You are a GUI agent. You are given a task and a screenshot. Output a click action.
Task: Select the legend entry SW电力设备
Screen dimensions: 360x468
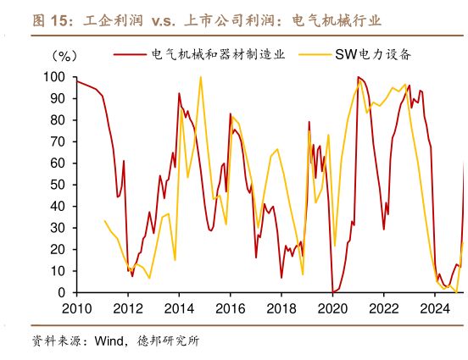coord(380,55)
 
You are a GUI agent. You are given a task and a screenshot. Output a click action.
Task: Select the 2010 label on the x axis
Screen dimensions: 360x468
coord(76,308)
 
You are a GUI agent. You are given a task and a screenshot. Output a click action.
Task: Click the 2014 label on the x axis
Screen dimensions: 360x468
coord(179,308)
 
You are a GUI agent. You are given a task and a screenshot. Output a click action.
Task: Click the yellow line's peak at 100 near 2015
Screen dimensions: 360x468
coord(201,77)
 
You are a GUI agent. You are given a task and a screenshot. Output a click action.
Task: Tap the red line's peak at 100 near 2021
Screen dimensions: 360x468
coord(358,77)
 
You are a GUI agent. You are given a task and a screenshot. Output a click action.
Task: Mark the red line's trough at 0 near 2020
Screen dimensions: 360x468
coord(332,292)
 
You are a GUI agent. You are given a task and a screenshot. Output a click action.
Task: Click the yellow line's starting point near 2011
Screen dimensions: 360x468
coord(104,221)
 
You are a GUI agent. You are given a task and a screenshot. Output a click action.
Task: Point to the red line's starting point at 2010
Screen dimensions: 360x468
coord(76,81)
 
